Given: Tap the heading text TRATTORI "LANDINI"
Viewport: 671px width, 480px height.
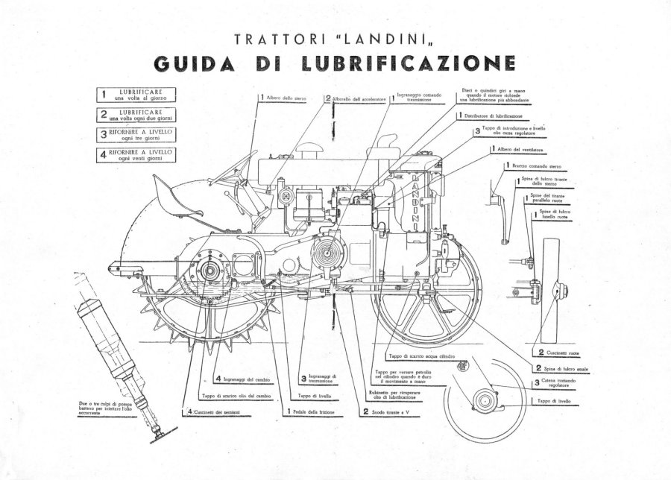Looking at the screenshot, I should pyautogui.click(x=337, y=38).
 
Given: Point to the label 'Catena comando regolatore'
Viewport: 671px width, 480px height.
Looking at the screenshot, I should pyautogui.click(x=567, y=386).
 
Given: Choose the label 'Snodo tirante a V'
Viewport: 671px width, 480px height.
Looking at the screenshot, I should pyautogui.click(x=389, y=411).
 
